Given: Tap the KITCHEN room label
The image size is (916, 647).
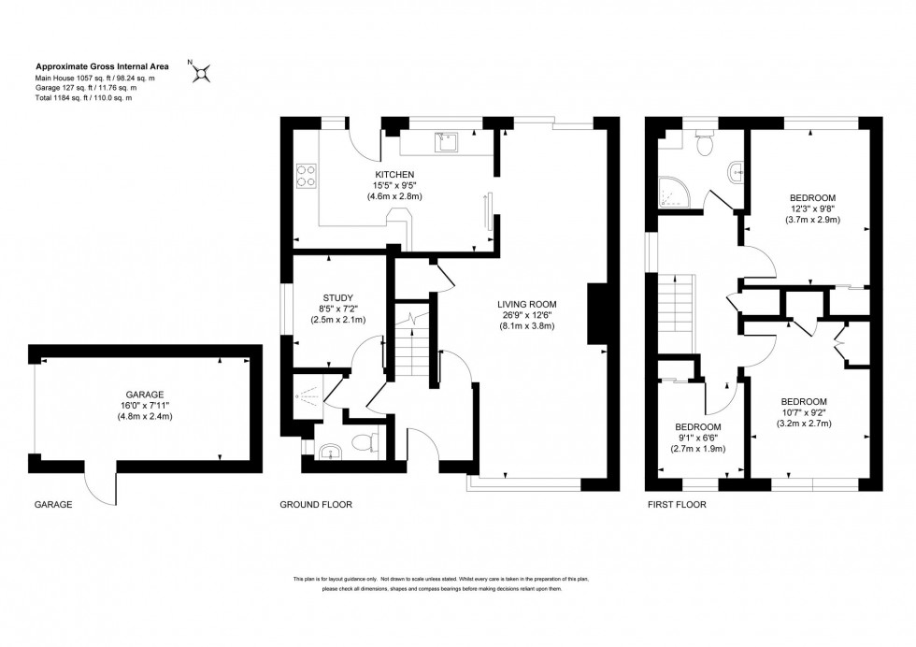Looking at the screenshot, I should coord(394,175).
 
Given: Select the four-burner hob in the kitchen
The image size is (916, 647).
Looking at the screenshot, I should coord(307,175).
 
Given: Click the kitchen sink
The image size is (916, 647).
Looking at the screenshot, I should coord(443,143).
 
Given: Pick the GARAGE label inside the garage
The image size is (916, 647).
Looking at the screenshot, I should coord(145,395).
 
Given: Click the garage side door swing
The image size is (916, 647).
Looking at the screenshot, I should coord(98,482).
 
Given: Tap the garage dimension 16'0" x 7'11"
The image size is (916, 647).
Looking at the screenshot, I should coord(145,406).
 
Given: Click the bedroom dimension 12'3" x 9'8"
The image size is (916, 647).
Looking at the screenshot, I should coord(812,209).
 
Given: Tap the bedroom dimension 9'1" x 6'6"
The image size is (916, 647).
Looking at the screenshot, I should coord(698,438).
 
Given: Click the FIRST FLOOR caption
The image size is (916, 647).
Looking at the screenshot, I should coord(676,505).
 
